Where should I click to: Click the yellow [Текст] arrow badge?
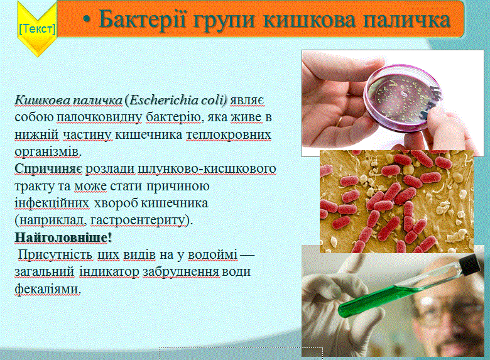tap(37, 29)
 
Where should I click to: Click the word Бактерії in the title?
tap(143, 19)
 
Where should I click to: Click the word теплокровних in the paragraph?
tap(229, 134)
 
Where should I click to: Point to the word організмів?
tap(48, 151)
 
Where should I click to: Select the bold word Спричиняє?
tap(49, 169)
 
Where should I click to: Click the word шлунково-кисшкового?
tap(207, 169)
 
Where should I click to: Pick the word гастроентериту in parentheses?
tap(138, 220)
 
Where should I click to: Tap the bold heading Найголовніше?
tap(63, 237)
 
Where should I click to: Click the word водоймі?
tap(212, 254)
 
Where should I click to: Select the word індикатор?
tap(109, 271)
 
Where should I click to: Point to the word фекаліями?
tap(48, 289)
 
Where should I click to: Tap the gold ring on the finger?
tap(339, 122)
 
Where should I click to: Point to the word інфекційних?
tap(52, 203)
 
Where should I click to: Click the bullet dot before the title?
tap(87, 19)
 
